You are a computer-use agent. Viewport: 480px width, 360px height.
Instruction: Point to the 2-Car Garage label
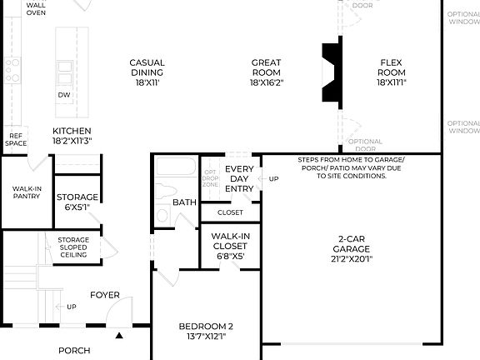351,248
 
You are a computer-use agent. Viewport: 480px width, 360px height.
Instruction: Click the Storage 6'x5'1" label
77,202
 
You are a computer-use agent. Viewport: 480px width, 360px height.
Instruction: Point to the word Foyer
105,295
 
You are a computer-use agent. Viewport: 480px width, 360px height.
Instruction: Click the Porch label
74,351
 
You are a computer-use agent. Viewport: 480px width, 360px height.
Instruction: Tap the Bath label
184,202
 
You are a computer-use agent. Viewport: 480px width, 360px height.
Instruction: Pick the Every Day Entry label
239,178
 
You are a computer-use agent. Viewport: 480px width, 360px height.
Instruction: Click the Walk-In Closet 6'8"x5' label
230,246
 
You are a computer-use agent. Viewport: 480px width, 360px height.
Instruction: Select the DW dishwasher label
64,95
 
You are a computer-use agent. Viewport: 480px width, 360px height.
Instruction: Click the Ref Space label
15,138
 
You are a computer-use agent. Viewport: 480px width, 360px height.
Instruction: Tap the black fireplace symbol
331,72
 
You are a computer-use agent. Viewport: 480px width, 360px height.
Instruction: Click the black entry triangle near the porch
118,337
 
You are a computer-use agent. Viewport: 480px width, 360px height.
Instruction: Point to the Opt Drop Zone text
211,178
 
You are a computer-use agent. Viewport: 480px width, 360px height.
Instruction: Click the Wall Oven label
36,8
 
